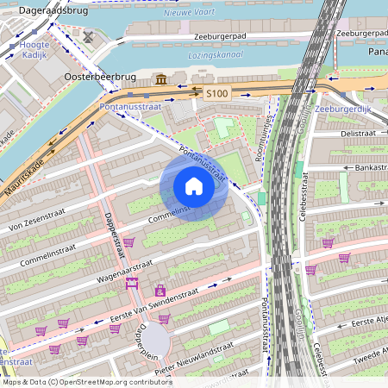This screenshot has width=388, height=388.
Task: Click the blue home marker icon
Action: point(194,186)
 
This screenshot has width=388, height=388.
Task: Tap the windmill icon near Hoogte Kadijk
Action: point(86,37)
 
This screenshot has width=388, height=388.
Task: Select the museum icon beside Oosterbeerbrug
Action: point(161,80)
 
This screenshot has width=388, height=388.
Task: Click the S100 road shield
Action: point(216,91)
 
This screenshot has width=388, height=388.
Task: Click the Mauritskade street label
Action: point(25,176)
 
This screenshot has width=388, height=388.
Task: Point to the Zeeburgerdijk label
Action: point(343,110)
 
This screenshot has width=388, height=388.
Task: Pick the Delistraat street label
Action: point(355,134)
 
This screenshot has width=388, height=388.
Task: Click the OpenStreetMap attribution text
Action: point(75,381)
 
